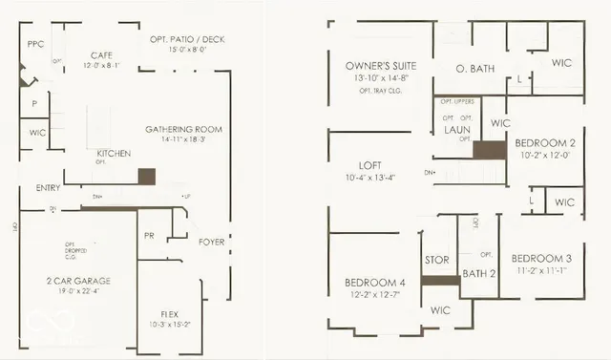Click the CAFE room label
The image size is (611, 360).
click(102, 55)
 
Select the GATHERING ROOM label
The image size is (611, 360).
click(183, 128)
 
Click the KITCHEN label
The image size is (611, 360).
click(114, 153)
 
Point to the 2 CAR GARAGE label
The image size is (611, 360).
click(79, 281)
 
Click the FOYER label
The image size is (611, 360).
click(211, 242)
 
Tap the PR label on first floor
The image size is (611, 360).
click(149, 234)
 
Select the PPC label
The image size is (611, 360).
click(36, 44)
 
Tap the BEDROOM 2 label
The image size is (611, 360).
click(543, 141)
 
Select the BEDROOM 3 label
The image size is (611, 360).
click(540, 258)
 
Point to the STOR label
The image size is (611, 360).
click(436, 260)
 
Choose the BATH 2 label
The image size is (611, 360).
click(479, 274)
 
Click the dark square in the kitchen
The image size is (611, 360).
click(146, 176)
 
